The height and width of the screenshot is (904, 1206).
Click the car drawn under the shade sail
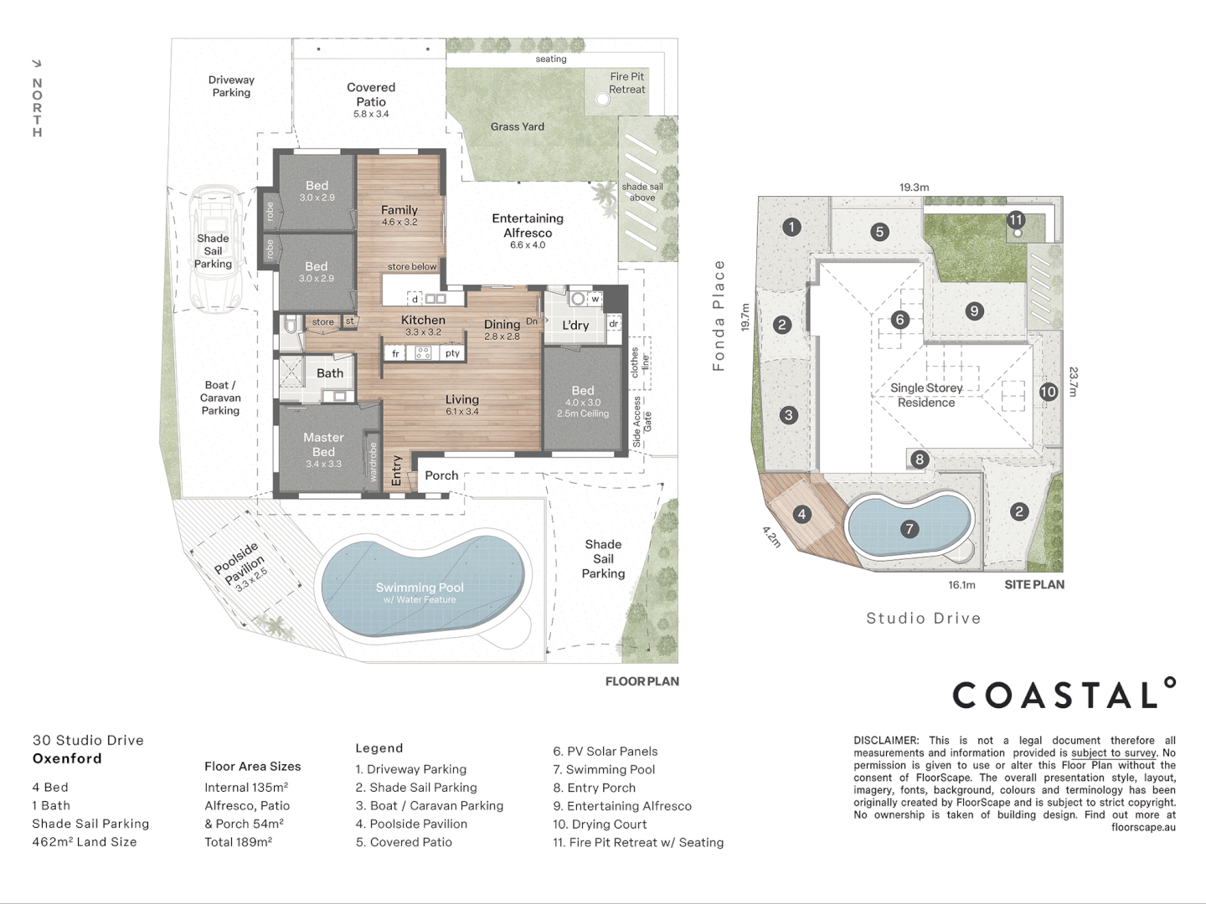click(214, 249)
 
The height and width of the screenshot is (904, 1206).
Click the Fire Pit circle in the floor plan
click(603, 100)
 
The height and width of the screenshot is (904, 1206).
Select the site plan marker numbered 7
click(910, 528)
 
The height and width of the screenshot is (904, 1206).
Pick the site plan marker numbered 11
click(1015, 220)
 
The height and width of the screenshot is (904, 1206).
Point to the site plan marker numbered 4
click(801, 514)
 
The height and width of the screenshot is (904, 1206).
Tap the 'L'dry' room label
click(575, 325)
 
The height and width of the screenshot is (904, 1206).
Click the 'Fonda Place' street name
click(719, 315)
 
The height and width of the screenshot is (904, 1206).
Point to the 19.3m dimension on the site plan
click(915, 187)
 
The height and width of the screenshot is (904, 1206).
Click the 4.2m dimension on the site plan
click(771, 537)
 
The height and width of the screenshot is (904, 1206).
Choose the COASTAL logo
click(1064, 693)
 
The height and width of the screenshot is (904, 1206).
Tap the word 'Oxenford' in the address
click(67, 758)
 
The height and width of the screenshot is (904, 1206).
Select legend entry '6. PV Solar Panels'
click(605, 751)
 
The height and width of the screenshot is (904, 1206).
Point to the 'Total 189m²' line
click(239, 841)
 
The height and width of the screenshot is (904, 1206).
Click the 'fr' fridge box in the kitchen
click(395, 353)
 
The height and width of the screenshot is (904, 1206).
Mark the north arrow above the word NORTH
click(37, 64)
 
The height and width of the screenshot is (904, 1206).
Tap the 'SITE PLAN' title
click(1034, 584)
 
